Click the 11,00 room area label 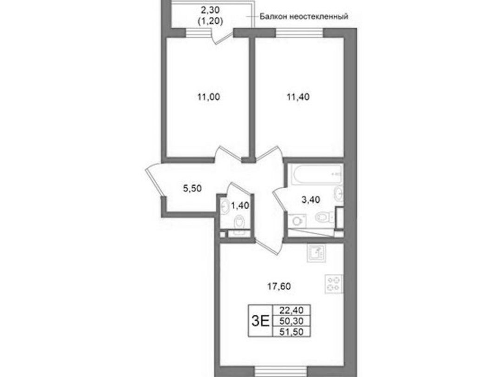point(209,96)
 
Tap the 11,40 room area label point(298,96)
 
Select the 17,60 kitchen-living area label point(279,286)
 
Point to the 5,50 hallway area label point(192,188)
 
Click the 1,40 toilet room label point(240,205)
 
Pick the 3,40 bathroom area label point(310,200)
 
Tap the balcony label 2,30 point(211,10)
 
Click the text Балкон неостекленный point(304,16)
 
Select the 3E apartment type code point(260,321)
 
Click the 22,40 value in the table point(291,310)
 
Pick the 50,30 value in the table point(291,321)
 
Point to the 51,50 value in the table point(291,332)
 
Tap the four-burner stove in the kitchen point(334,284)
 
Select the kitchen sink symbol point(317,253)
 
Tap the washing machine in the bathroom point(297,221)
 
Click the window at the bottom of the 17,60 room point(281,371)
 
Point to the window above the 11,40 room point(299,33)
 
